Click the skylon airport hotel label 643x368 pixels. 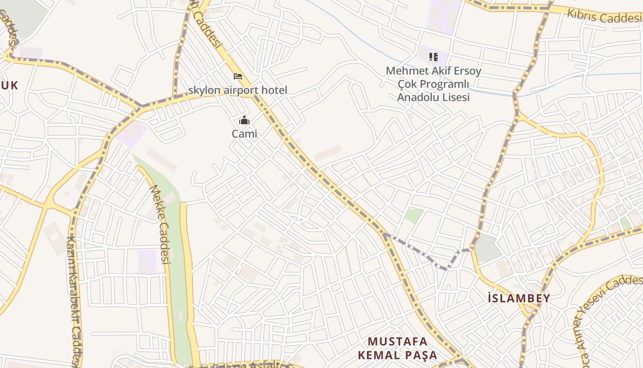(237, 90)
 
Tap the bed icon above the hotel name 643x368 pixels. (238, 76)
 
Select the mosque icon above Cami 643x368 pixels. (244, 121)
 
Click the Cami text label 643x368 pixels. (244, 134)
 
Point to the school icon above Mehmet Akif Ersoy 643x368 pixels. (433, 57)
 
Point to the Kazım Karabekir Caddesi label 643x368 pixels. (74, 299)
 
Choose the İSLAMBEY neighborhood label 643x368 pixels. (519, 298)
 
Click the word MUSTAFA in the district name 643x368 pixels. (398, 341)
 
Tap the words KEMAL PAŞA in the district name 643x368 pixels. (398, 355)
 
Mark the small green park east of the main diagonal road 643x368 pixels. (414, 215)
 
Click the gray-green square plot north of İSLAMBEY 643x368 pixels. (488, 248)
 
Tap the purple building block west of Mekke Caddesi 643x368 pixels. (147, 261)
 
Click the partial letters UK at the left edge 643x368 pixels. (9, 86)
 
